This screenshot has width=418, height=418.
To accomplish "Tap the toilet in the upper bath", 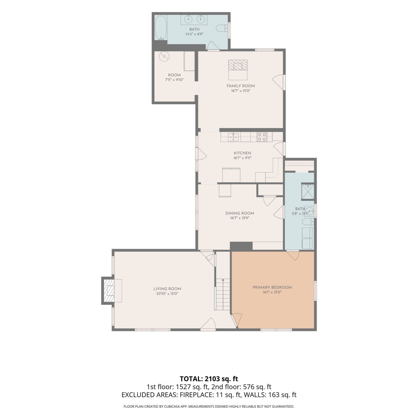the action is tap(222, 28).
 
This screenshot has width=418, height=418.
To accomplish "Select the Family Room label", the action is tap(241, 86).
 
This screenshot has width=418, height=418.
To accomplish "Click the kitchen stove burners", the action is tap(262, 137).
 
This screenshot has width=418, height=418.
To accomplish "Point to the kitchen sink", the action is tap(233, 137).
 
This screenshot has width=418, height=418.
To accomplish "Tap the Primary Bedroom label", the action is tap(272, 287).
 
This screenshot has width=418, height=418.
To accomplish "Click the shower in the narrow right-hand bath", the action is tap(308, 191).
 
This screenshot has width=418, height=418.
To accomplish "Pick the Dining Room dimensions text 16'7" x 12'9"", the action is tap(240, 218).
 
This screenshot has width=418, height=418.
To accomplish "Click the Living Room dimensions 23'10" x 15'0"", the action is tap(167, 293).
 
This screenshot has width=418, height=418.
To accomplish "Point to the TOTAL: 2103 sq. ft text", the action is tap(209, 379).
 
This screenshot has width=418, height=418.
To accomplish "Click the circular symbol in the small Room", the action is tap(164, 57).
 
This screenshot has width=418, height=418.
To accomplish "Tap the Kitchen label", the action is tap(242, 153).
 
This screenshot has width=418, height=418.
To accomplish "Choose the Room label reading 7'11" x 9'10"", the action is tap(174, 77).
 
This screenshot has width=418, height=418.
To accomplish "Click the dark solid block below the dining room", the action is tap(241, 246).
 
